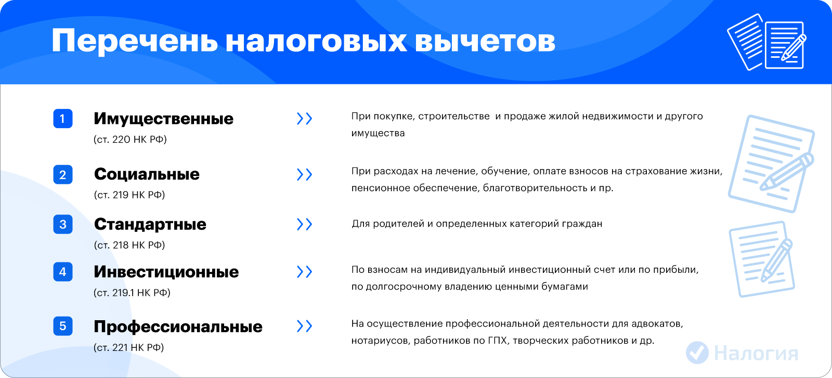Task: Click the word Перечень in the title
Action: (135, 41)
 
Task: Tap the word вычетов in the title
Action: (485, 41)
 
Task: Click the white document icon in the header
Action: (766, 42)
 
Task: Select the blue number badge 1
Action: (63, 119)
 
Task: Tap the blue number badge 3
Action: (63, 224)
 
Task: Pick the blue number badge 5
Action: (63, 326)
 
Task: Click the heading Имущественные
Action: (163, 119)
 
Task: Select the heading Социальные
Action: (147, 174)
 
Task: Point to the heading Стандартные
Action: (150, 224)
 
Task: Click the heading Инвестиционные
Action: (166, 272)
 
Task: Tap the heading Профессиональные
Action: (178, 327)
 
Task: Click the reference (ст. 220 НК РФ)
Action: (130, 140)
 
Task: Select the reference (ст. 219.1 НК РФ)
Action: (132, 293)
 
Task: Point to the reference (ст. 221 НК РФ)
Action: (128, 347)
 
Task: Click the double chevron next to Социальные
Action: (305, 174)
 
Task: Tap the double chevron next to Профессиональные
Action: (305, 326)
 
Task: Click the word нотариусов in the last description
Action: (380, 341)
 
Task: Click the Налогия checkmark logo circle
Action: (697, 352)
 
